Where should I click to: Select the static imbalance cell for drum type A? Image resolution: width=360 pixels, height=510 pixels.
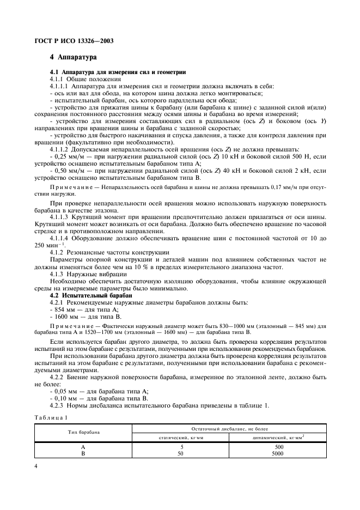(x=181, y=446)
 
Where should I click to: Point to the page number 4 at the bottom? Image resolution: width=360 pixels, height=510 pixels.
(x=36, y=466)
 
